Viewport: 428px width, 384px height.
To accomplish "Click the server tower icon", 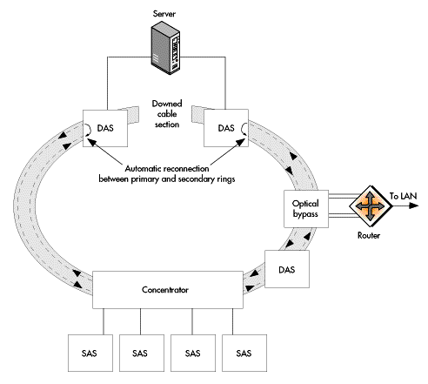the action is [x=165, y=49].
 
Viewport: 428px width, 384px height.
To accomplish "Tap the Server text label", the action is [x=164, y=14].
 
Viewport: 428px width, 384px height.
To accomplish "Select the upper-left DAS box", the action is [x=105, y=128].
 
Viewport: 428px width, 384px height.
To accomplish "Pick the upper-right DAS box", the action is [x=226, y=128].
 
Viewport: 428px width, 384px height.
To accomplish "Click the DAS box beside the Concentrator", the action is [x=287, y=269].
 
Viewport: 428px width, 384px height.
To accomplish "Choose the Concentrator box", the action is [x=168, y=290].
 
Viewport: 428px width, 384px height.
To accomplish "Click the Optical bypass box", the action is [x=306, y=209].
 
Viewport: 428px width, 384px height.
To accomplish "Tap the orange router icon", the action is [x=371, y=206].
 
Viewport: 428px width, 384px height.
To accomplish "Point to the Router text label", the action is [x=369, y=235].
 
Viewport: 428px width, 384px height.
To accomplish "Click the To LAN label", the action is [x=403, y=196].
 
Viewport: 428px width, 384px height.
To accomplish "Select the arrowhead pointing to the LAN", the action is [x=414, y=205].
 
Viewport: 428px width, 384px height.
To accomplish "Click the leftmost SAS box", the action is [x=90, y=353].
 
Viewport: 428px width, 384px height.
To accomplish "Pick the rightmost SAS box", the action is [x=244, y=353].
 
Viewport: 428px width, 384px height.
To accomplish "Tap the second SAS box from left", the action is [x=142, y=353].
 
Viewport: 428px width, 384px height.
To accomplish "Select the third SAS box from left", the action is [x=193, y=353].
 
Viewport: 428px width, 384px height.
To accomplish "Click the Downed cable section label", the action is [x=167, y=114].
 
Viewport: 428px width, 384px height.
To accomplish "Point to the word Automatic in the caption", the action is [x=144, y=168].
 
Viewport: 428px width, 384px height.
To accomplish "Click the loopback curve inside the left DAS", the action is [x=88, y=129].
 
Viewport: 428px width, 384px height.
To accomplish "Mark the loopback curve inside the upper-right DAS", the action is [x=244, y=129].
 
